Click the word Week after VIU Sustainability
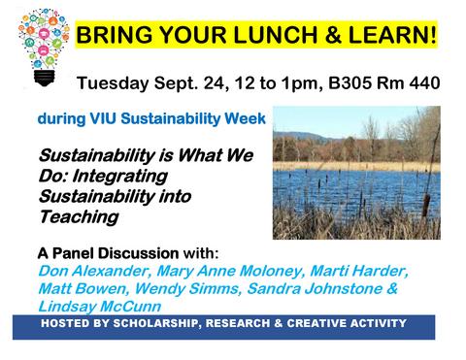point(247,121)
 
